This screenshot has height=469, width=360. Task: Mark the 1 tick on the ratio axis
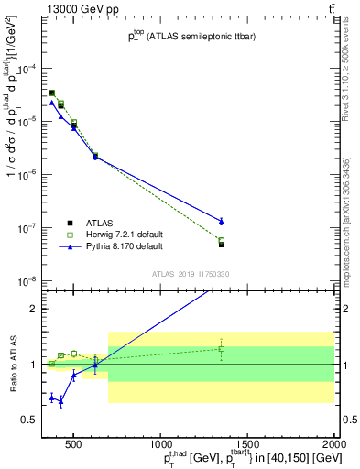[34, 365]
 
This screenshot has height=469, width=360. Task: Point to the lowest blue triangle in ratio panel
[60, 401]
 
